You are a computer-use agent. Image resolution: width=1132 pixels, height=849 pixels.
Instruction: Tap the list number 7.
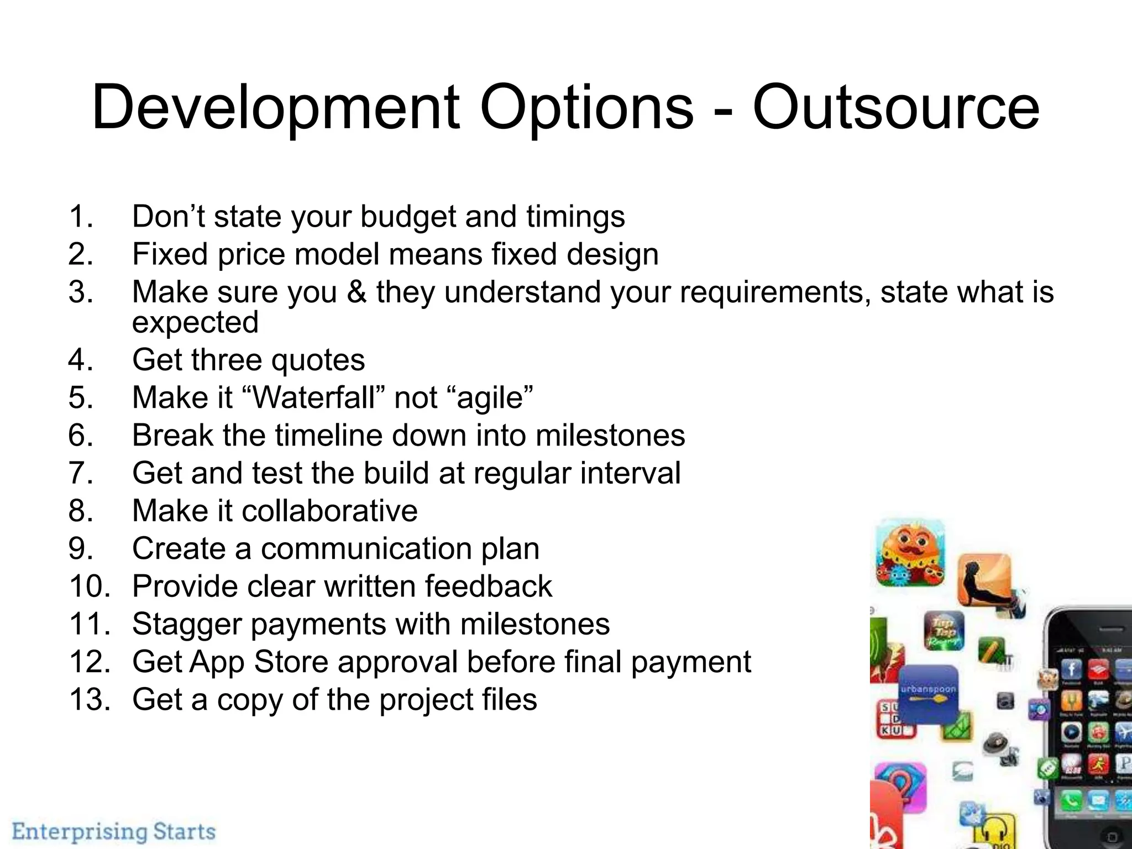(x=81, y=473)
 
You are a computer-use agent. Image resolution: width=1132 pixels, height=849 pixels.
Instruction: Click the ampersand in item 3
(x=357, y=292)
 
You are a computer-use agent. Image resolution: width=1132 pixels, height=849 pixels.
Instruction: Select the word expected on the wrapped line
(x=195, y=323)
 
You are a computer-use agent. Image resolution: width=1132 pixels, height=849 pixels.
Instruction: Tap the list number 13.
(x=90, y=699)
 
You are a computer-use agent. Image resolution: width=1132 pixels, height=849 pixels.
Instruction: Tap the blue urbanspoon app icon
(x=928, y=693)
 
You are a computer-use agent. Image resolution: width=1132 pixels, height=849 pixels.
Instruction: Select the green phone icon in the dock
(x=1071, y=800)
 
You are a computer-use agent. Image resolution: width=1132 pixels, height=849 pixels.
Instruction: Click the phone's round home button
(x=1112, y=837)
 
